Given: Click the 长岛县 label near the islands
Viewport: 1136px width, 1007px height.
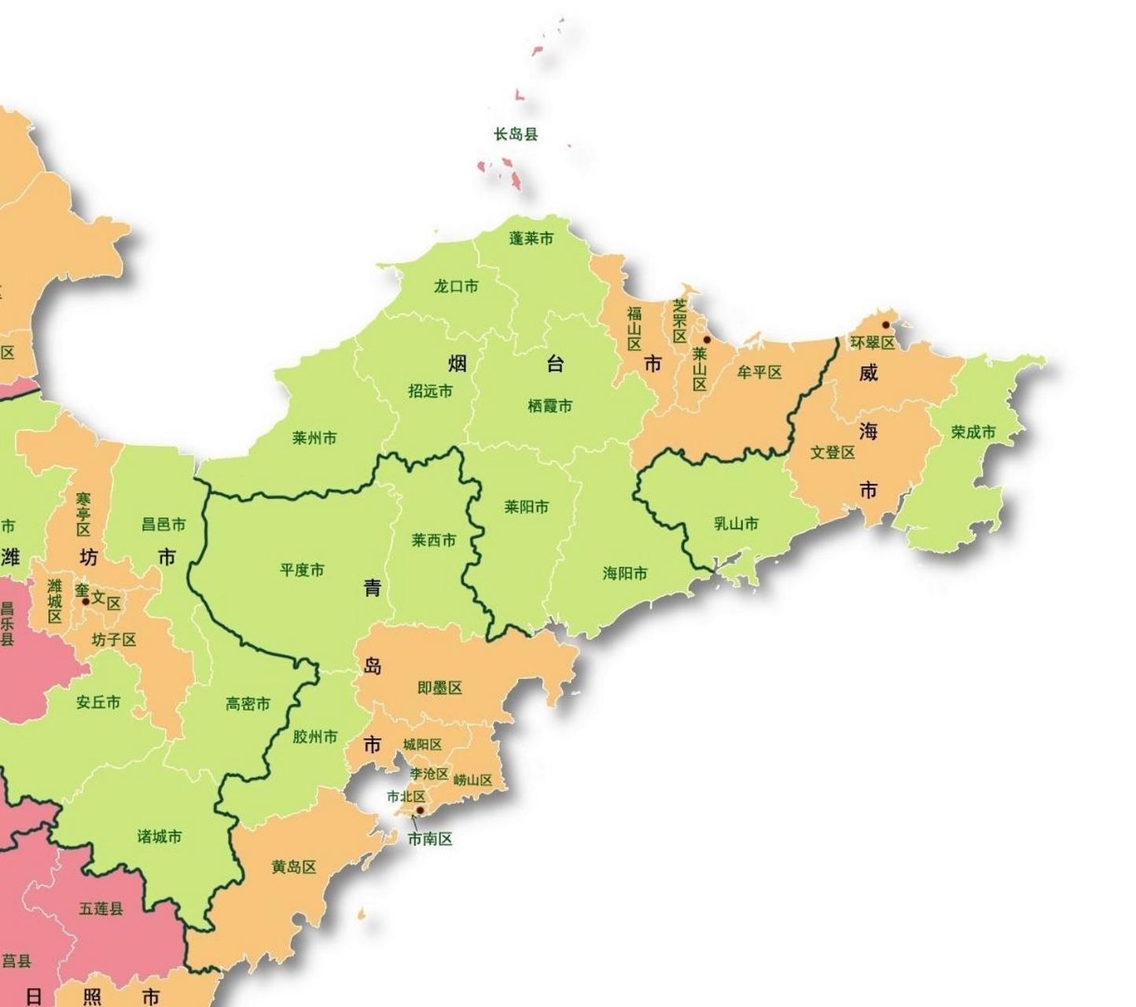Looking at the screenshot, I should (516, 135).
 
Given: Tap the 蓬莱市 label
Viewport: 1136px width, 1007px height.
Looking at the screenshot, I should (531, 238).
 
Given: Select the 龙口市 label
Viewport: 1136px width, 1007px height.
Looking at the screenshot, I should (456, 286).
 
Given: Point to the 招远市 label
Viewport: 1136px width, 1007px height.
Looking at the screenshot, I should (431, 391).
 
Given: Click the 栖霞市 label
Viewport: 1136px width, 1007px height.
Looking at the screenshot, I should (550, 406).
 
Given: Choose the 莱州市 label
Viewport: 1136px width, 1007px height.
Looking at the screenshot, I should (314, 438).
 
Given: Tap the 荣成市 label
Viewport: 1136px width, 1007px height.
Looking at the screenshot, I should (973, 432).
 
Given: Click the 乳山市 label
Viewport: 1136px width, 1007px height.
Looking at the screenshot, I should (737, 523).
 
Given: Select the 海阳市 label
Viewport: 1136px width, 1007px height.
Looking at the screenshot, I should (625, 574).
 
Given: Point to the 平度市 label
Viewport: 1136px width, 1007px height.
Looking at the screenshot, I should (302, 570).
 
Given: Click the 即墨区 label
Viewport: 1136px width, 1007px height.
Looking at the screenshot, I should (439, 688).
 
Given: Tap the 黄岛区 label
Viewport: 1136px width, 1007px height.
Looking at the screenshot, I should (294, 867).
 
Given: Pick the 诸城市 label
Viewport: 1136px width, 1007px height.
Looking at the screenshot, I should (160, 836).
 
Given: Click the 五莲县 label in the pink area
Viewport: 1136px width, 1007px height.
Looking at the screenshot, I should (101, 909).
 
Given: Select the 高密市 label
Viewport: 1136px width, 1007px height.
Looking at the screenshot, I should (248, 704).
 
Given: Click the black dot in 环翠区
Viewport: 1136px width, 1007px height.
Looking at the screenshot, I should (886, 325).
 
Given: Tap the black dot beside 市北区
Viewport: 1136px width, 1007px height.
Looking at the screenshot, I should (420, 810).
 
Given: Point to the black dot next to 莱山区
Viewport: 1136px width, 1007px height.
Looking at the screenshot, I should (707, 340).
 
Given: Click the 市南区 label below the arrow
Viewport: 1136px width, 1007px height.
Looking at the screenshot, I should (430, 839).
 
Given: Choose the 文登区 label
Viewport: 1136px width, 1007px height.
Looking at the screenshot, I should (833, 452).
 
